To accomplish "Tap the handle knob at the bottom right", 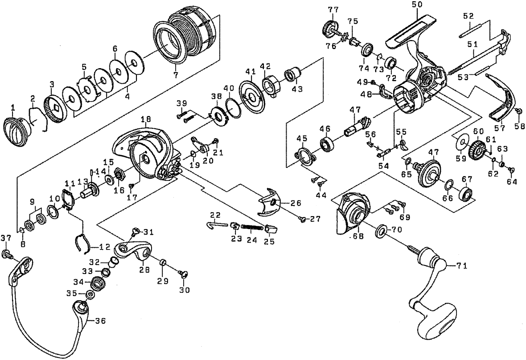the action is click(x=436, y=323).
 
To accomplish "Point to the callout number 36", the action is click(x=100, y=321).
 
